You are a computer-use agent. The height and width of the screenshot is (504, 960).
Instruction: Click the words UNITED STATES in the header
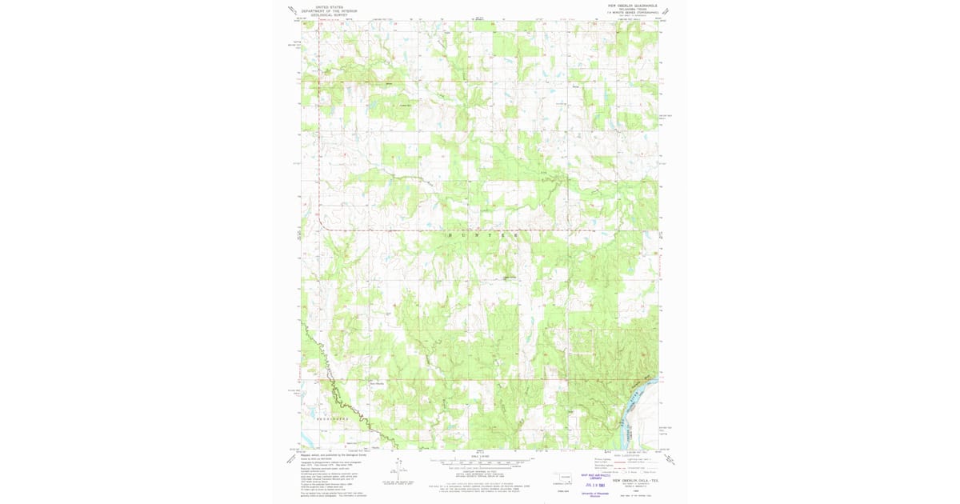(x=329, y=6)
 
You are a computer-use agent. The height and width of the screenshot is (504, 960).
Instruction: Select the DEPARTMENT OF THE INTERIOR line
(x=329, y=10)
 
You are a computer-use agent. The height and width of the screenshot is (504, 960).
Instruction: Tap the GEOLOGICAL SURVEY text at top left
(x=329, y=14)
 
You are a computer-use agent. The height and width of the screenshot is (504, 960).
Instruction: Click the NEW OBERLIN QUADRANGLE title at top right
(x=631, y=5)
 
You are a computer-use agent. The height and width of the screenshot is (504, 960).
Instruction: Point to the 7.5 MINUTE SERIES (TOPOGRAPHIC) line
(x=631, y=13)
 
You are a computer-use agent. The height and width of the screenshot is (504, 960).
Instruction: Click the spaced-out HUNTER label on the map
(x=480, y=235)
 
